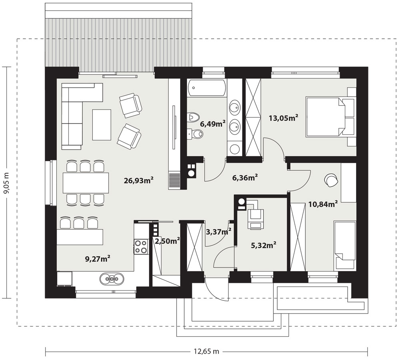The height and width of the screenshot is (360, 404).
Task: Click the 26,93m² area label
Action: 139,180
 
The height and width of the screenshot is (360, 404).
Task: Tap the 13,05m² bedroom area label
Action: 283,118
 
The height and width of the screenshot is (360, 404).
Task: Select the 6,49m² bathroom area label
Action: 213,124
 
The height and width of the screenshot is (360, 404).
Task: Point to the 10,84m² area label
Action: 323,204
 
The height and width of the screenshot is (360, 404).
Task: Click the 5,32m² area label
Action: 264,245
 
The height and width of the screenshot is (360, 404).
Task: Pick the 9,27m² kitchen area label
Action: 98,258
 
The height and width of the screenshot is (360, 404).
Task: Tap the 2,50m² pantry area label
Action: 167,241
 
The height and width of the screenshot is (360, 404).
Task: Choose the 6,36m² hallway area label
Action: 245,178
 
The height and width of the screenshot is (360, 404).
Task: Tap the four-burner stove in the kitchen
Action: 141,246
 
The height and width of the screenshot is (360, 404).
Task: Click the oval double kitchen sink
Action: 111,278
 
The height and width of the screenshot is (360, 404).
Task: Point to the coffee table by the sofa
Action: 102,124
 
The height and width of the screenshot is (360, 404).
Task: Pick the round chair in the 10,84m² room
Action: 331,179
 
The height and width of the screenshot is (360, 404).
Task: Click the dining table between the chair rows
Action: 86,183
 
